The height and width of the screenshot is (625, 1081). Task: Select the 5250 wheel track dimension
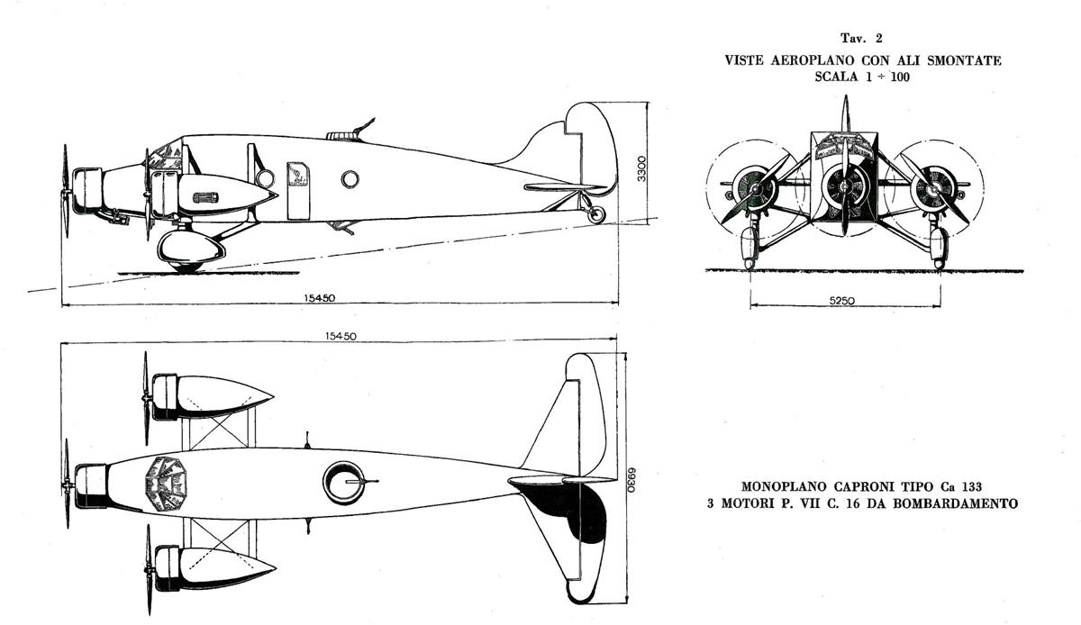pos(842,301)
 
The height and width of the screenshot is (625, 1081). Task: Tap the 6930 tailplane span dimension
pos(631,479)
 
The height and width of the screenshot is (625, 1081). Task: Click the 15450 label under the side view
pos(319,298)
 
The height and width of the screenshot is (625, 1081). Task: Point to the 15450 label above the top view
pos(341,336)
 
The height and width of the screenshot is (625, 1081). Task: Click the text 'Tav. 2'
pos(861,38)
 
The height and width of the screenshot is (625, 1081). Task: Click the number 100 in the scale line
pos(900,77)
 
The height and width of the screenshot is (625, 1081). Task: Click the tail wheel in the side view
pos(596,214)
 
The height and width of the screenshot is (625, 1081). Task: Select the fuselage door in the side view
pos(298,191)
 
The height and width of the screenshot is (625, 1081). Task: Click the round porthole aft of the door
pos(350,179)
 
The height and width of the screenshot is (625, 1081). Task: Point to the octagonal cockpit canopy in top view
pos(166,484)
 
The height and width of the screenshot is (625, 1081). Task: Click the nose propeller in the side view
pos(65,191)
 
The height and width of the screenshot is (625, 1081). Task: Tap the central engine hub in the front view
pos(845,186)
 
